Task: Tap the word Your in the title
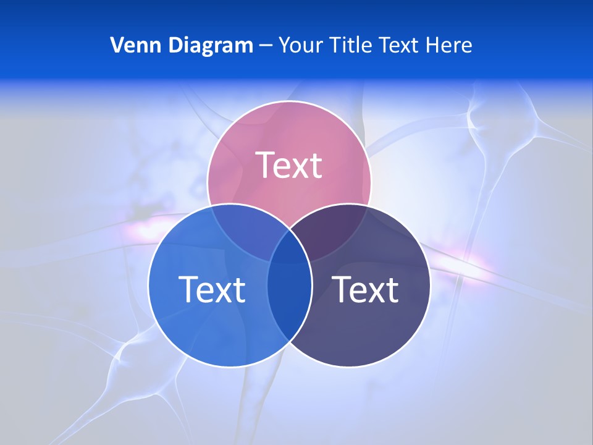pos(301,45)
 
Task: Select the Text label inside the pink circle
pos(289,165)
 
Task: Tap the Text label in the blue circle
pos(212,289)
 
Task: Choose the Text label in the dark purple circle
pos(365,289)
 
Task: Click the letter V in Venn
pos(117,45)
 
